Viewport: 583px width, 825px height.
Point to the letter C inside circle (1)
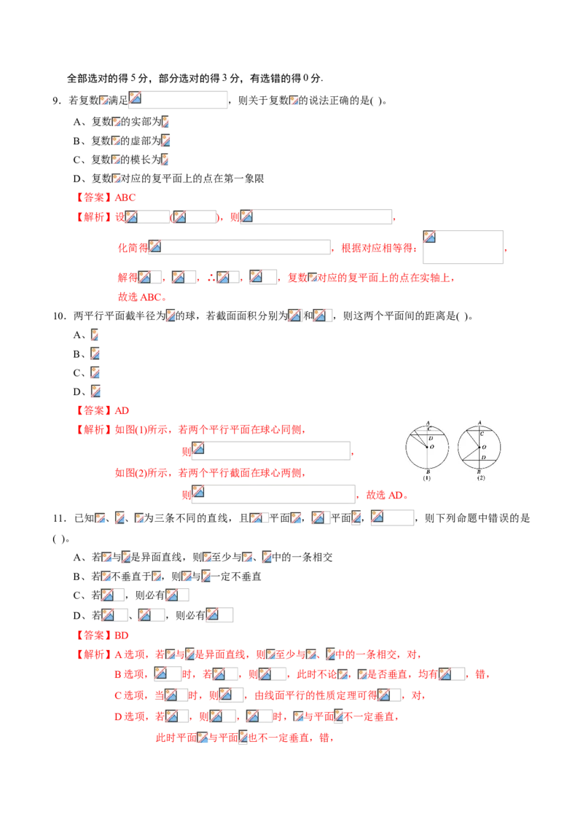click(430, 429)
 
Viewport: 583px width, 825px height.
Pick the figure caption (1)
click(428, 479)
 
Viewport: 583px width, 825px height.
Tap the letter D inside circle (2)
click(484, 458)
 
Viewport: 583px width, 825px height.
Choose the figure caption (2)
click(480, 479)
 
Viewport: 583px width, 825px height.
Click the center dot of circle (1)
click(428, 446)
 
